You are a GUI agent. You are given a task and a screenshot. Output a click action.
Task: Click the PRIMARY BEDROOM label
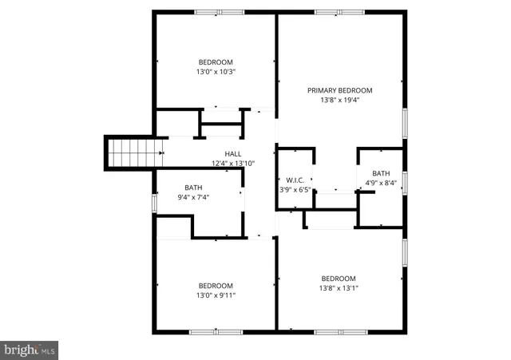[339, 90]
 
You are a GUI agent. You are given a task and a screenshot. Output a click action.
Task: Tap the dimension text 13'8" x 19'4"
[339, 100]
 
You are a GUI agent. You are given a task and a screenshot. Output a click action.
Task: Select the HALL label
[232, 154]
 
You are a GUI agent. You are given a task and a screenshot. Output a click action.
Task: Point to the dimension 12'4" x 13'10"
[232, 164]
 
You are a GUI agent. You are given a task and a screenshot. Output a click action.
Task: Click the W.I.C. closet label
[292, 180]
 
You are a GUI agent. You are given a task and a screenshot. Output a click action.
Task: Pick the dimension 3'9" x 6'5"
[292, 190]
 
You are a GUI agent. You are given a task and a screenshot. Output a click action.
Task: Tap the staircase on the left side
[128, 152]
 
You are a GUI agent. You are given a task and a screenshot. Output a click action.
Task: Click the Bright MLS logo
[30, 350]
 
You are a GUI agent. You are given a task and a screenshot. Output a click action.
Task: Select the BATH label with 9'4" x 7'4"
[194, 188]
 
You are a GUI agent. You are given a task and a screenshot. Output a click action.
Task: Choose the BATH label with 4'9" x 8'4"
[381, 173]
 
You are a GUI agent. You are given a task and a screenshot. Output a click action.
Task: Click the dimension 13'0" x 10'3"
[216, 72]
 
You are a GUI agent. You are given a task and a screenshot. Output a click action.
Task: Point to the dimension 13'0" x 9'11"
[216, 295]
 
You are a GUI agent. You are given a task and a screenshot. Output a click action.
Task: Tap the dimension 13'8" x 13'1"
[339, 288]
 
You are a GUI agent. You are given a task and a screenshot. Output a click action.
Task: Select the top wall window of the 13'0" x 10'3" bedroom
[220, 12]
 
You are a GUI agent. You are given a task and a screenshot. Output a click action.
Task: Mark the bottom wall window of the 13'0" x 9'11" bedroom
[216, 331]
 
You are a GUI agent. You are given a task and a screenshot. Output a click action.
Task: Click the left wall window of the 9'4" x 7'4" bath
[154, 202]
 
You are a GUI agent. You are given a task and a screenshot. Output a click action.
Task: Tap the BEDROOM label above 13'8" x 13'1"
[339, 279]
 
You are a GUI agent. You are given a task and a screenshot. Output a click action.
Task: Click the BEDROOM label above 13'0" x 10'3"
[216, 62]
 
